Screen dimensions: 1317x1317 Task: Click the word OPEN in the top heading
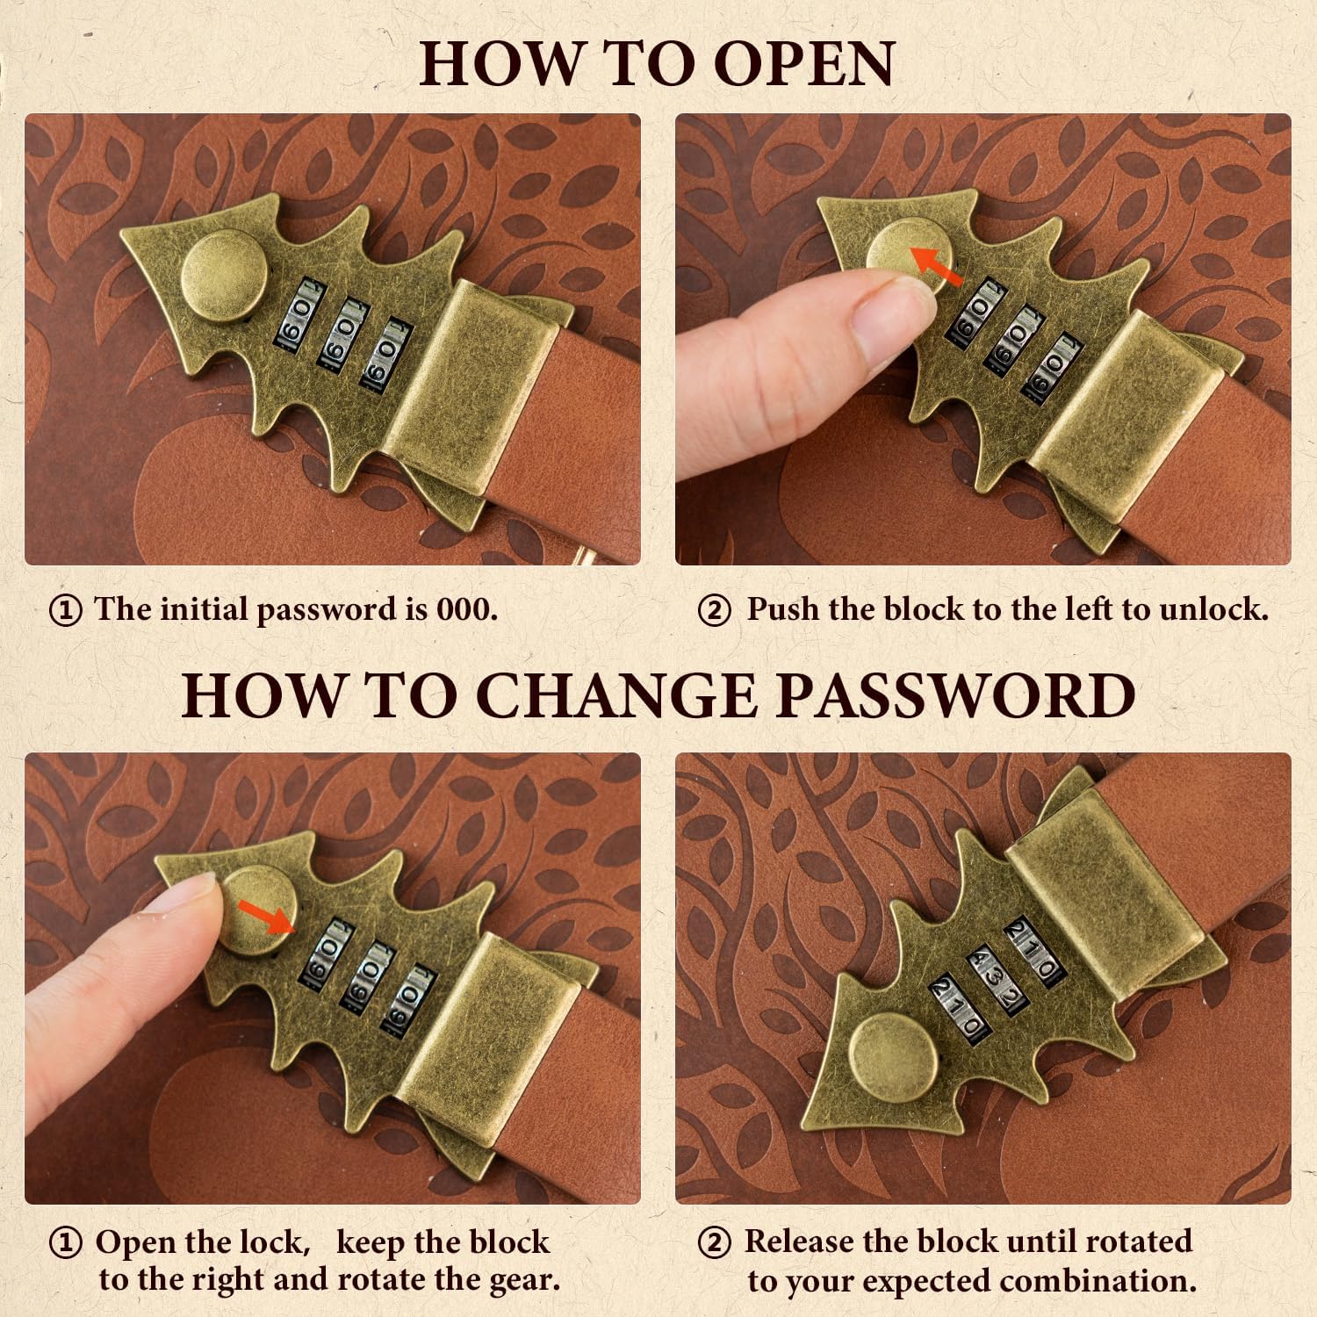pyautogui.click(x=805, y=63)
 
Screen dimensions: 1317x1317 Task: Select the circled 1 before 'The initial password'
pyautogui.click(x=66, y=610)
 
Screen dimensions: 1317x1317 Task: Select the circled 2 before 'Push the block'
pyautogui.click(x=714, y=610)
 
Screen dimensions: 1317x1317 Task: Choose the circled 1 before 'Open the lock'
pyautogui.click(x=66, y=1243)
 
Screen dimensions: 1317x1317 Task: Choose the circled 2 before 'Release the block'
pyautogui.click(x=714, y=1243)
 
